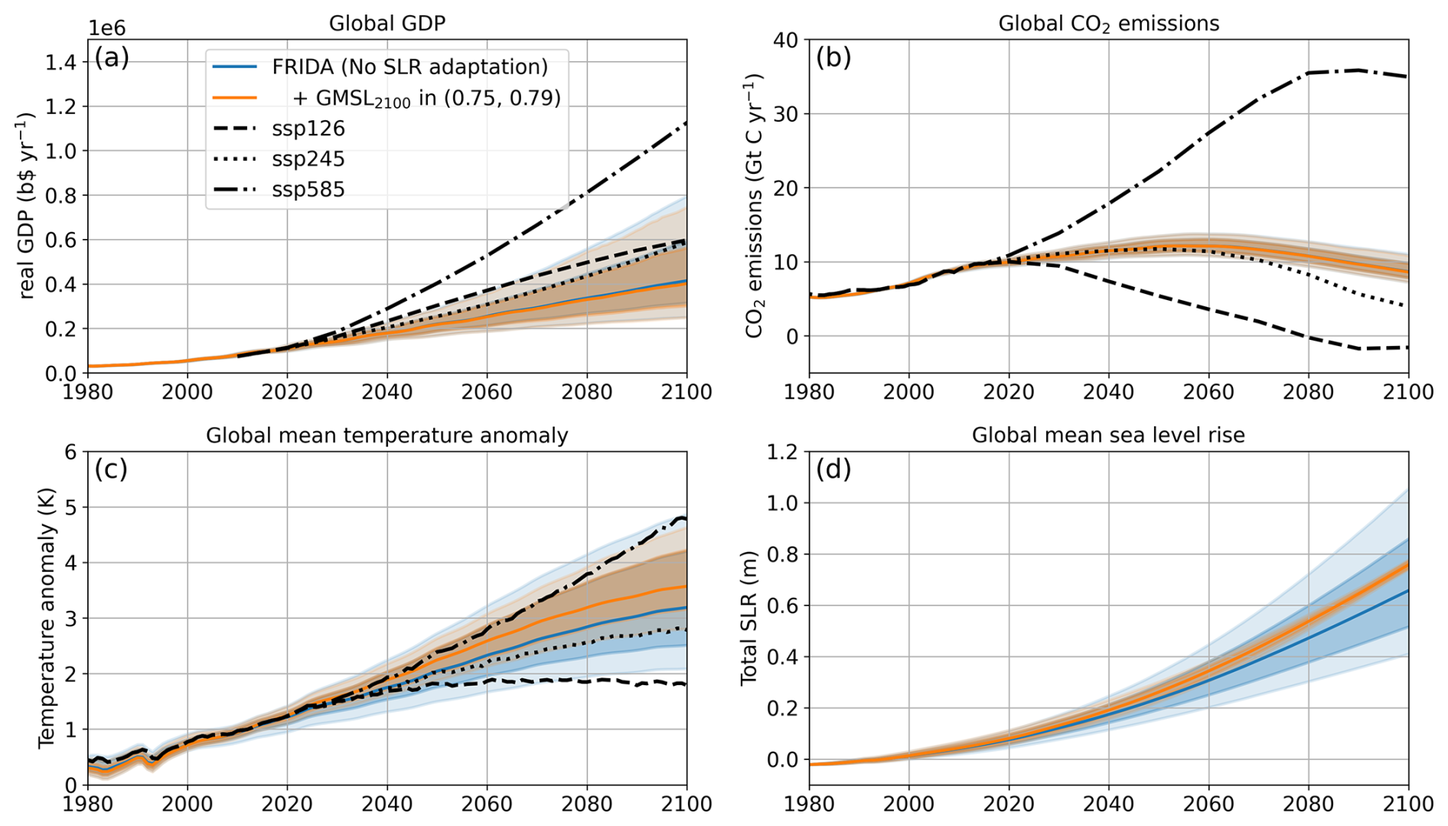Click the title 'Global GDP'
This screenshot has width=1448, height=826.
coord(386,24)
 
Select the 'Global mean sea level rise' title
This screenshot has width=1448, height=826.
coord(1107,435)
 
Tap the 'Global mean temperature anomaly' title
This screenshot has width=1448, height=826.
coord(386,435)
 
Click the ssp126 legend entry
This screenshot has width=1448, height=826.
coord(308,128)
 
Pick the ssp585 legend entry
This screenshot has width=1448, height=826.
coord(308,189)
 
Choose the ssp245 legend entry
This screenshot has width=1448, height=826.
coord(308,158)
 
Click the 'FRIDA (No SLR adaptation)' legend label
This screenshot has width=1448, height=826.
coord(409,67)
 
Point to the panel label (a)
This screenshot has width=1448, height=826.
coord(112,57)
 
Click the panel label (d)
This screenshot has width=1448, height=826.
coord(833,469)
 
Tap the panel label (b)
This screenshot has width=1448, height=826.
coord(833,57)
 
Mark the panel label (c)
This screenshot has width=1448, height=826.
coord(111,469)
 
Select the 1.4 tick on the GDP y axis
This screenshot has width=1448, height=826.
coord(61,62)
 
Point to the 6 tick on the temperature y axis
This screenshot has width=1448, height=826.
coord(70,452)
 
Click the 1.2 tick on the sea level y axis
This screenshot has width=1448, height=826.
coord(783,452)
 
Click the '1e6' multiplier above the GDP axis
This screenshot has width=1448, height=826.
coord(106,28)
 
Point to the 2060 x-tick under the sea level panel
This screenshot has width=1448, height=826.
coord(1208,803)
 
